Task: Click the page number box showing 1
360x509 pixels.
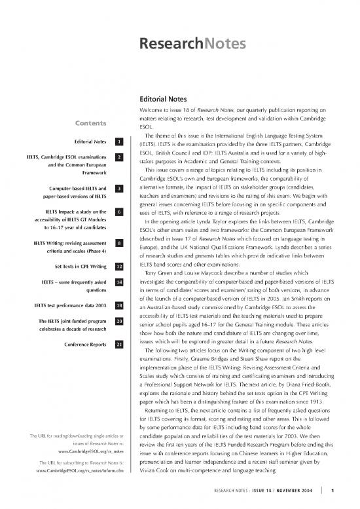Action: pyautogui.click(x=118, y=142)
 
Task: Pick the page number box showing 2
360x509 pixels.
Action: pyautogui.click(x=118, y=158)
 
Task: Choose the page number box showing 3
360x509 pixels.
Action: pyautogui.click(x=118, y=189)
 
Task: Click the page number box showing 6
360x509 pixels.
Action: pyautogui.click(x=118, y=212)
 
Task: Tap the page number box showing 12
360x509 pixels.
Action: pyautogui.click(x=118, y=267)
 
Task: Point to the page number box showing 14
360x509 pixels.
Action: pyautogui.click(x=118, y=282)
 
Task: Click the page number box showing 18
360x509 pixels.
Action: pyautogui.click(x=118, y=305)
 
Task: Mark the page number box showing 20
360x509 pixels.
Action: pyautogui.click(x=118, y=321)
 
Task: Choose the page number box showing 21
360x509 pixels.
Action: pyautogui.click(x=118, y=345)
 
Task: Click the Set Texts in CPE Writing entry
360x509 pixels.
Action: pyautogui.click(x=78, y=267)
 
